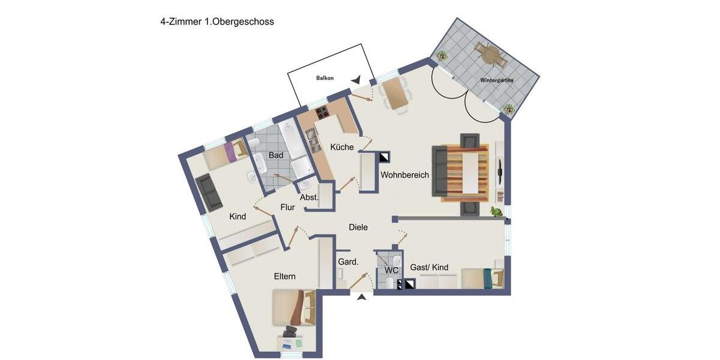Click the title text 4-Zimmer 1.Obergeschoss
(217, 22)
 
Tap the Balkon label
(325, 78)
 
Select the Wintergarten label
(496, 80)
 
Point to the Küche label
(342, 147)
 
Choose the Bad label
(275, 155)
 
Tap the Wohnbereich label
(404, 175)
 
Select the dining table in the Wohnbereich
(394, 93)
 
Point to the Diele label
(358, 227)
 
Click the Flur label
(287, 208)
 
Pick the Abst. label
(308, 197)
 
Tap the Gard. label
(348, 262)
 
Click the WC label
(391, 271)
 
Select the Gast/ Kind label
(429, 268)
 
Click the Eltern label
(284, 277)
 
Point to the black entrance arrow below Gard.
(362, 296)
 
